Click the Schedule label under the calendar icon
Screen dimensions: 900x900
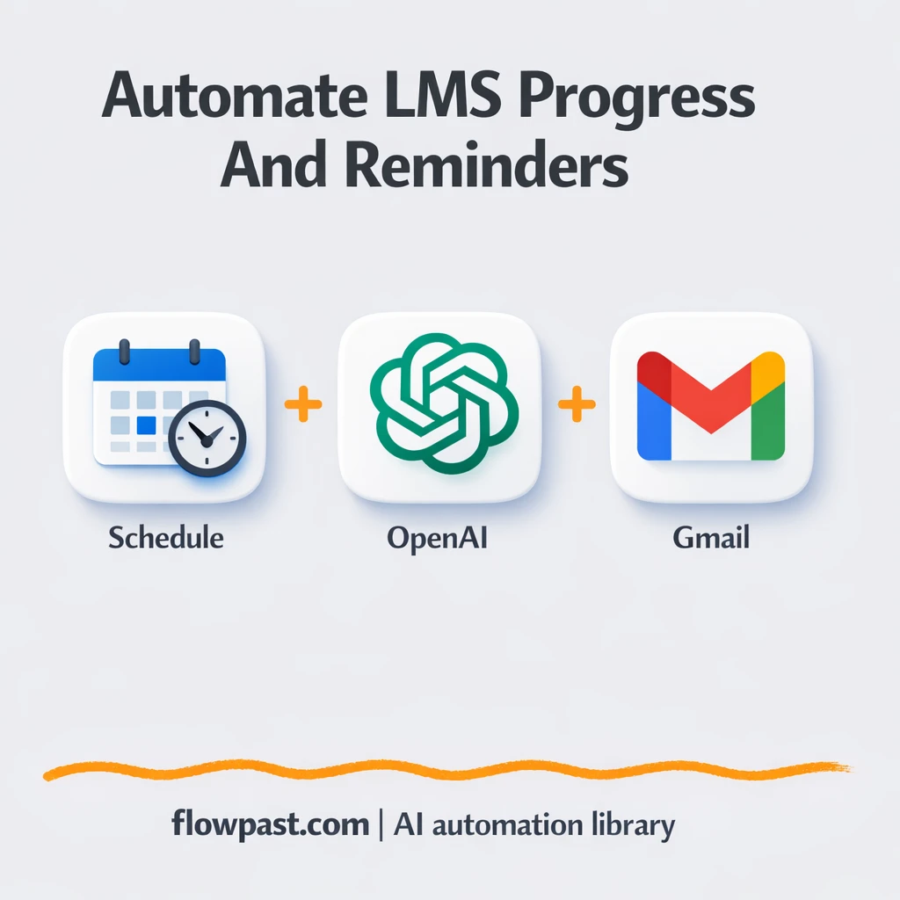click(166, 537)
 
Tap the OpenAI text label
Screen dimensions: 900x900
click(437, 537)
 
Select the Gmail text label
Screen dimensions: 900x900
click(711, 537)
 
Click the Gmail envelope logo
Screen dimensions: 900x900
click(711, 406)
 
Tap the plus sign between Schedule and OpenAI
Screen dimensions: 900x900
click(303, 405)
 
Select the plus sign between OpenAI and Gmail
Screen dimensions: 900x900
click(577, 405)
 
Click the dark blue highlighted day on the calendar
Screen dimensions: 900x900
click(147, 426)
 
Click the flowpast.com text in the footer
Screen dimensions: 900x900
click(270, 824)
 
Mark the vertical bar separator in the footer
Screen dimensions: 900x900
click(381, 825)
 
